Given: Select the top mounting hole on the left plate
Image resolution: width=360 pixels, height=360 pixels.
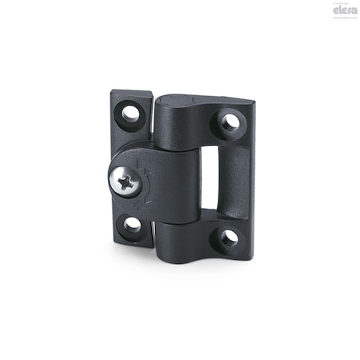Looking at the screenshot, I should pyautogui.click(x=130, y=114).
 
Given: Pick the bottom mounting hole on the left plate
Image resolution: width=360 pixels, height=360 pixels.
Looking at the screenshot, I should pyautogui.click(x=133, y=225).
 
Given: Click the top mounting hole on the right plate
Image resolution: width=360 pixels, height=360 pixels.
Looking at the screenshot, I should pyautogui.click(x=230, y=122).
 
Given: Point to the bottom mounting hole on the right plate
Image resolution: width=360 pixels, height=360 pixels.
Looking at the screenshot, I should pyautogui.click(x=229, y=237).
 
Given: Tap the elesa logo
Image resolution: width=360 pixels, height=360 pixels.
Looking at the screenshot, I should pyautogui.click(x=337, y=11).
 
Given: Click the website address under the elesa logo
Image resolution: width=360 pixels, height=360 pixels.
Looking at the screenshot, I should pyautogui.click(x=337, y=18).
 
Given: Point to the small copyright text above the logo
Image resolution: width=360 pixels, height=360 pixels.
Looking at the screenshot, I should pyautogui.click(x=336, y=4).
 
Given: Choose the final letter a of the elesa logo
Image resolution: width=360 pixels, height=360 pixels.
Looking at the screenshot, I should pyautogui.click(x=348, y=11).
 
